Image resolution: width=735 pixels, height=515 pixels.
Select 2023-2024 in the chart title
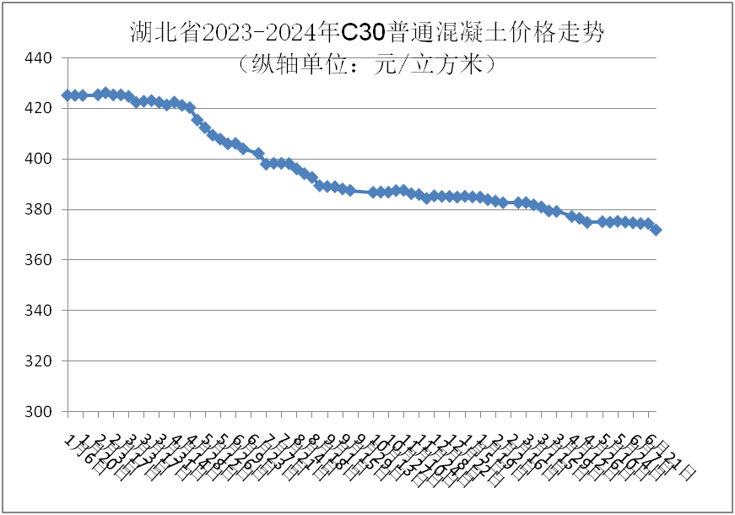click(257, 33)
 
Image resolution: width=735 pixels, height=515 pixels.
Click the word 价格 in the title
click(523, 33)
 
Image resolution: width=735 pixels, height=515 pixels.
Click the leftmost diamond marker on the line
click(67, 95)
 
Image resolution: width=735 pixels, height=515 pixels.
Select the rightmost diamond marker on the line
click(656, 230)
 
